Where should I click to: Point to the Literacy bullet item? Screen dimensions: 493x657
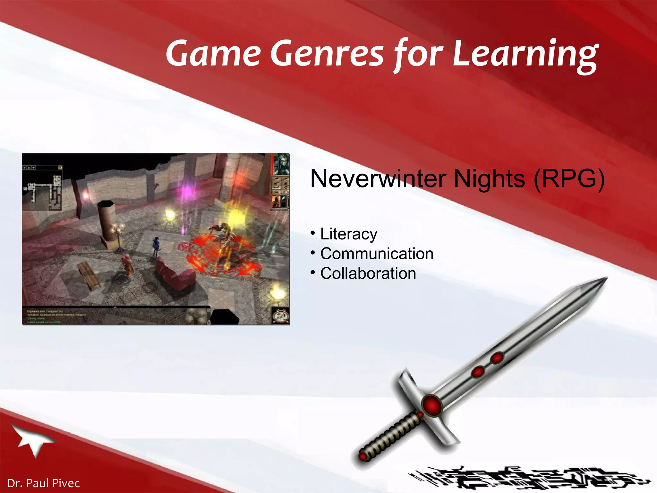pos(348,234)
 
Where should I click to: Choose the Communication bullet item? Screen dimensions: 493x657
pos(377,254)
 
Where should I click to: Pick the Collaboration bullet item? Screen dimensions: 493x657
pos(368,273)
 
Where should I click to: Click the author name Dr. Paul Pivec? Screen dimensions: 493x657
pos(43,483)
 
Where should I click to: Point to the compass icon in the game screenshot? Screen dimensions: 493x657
pos(280,316)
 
